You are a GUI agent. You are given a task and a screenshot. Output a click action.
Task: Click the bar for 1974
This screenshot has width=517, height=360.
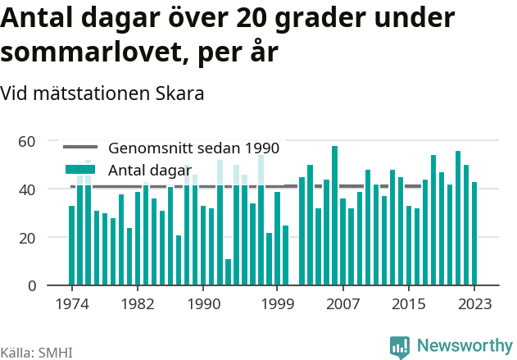[x=71, y=245]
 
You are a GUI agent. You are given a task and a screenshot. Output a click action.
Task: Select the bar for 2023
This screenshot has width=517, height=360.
[x=474, y=233]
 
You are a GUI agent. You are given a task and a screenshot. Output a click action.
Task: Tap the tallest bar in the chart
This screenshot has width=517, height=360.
[x=334, y=216]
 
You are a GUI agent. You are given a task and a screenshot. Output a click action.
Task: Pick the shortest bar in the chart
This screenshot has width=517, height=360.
[x=228, y=272]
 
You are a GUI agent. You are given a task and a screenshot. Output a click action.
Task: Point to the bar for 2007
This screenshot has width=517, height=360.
[x=343, y=242]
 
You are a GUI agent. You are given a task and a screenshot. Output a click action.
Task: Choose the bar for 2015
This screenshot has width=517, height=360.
[x=409, y=245]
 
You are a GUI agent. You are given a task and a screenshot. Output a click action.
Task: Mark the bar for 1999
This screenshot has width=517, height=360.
[x=277, y=239]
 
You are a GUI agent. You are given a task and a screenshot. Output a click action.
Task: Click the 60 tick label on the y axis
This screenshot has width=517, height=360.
[x=27, y=142]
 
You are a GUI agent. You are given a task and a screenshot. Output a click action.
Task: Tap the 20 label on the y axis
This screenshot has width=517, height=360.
[x=27, y=239]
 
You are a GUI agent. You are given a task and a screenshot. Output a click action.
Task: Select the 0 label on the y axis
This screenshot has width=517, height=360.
[x=32, y=286]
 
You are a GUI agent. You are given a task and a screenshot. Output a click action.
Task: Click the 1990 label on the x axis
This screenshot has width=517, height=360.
[x=204, y=304]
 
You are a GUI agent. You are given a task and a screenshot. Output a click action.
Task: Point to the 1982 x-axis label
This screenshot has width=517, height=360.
[x=138, y=304]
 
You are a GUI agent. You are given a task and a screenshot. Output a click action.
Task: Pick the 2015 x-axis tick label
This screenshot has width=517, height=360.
[x=409, y=304]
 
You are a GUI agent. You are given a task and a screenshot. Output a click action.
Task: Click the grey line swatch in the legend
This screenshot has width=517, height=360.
[x=80, y=147]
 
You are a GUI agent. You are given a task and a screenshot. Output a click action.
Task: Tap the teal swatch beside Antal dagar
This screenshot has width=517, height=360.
[x=80, y=169]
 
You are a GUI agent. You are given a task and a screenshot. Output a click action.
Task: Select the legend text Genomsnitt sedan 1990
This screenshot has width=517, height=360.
[x=194, y=148]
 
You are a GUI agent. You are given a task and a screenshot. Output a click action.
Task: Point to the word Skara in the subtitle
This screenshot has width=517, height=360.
[x=180, y=93]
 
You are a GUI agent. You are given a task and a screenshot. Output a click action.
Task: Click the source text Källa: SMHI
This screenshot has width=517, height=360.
[x=36, y=353]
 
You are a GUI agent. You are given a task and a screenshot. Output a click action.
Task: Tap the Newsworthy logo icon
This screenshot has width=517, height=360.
[x=400, y=347]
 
